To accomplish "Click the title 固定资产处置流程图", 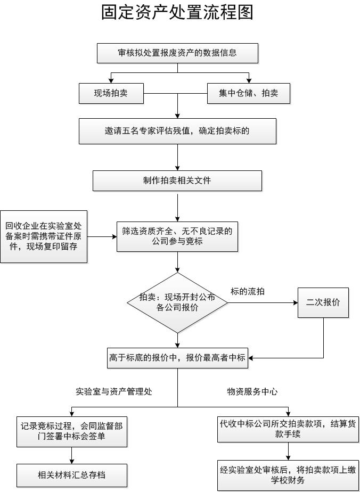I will (177, 12).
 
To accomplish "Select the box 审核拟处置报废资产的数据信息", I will (177, 53).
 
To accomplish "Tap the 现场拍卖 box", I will (111, 94).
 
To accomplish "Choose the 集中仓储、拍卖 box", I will (248, 94).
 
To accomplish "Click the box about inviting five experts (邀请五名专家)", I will (177, 131).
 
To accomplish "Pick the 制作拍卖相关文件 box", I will (177, 181).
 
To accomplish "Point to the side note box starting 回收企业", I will (44, 236).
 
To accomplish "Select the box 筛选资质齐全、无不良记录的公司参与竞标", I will (177, 236).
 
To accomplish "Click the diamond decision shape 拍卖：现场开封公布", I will (177, 302).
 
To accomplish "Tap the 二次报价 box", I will (323, 302).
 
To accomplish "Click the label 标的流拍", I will (248, 292).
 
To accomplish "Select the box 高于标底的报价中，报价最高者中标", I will (177, 358).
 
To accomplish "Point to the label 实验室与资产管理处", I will (114, 392).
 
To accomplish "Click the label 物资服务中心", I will (252, 392).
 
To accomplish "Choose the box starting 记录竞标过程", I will (72, 432).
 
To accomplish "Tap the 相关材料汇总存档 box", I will (72, 475).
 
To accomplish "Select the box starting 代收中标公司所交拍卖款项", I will (288, 429).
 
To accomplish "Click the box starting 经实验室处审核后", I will (288, 475).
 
